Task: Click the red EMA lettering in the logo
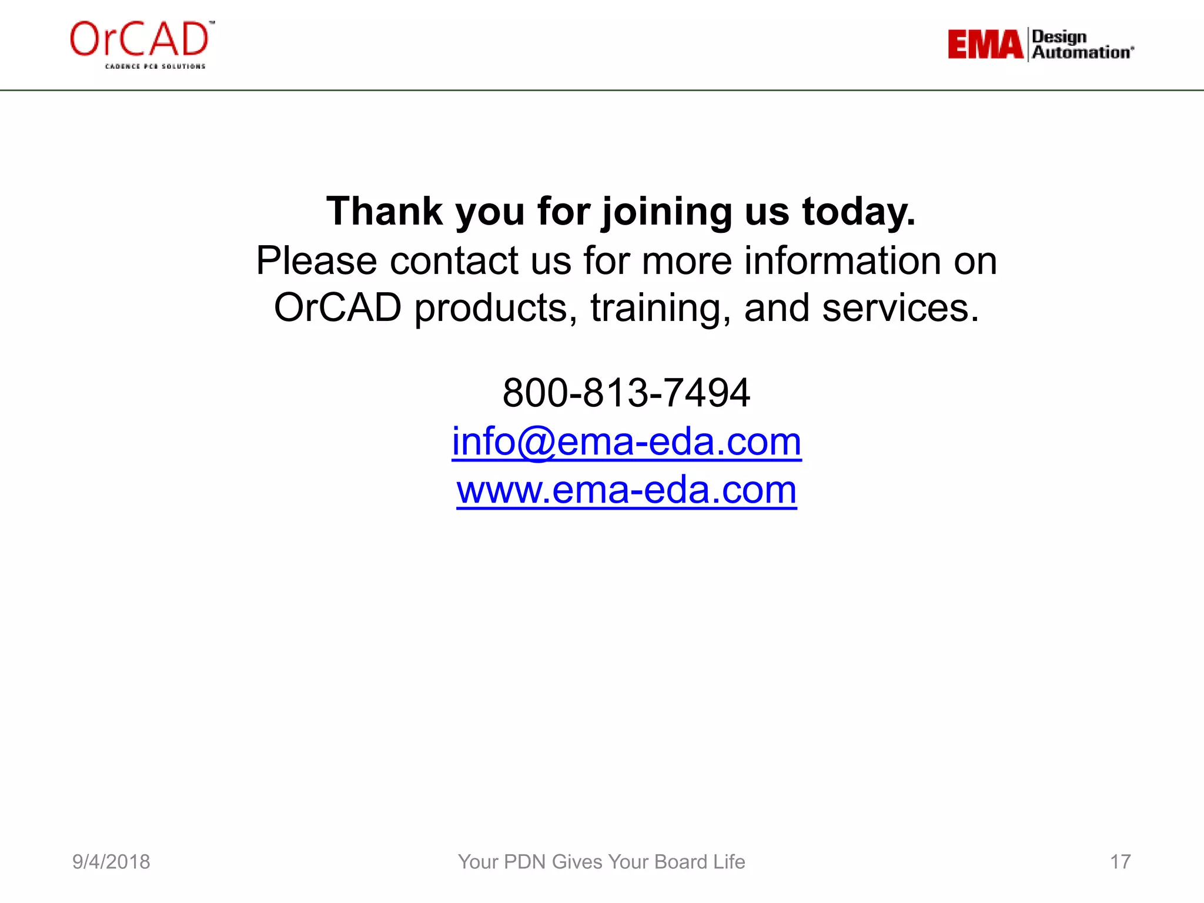(x=985, y=45)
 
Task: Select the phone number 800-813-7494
(x=626, y=393)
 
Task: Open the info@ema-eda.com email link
(x=626, y=442)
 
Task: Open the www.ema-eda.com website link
(x=626, y=490)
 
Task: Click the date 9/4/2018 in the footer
(x=111, y=862)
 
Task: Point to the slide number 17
(x=1120, y=862)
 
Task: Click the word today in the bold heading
(x=858, y=212)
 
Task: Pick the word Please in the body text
(x=316, y=260)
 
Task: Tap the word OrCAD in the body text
(x=337, y=307)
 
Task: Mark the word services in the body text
(x=900, y=307)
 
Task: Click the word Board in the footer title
(x=681, y=862)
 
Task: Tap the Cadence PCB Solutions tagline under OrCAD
(x=155, y=66)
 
